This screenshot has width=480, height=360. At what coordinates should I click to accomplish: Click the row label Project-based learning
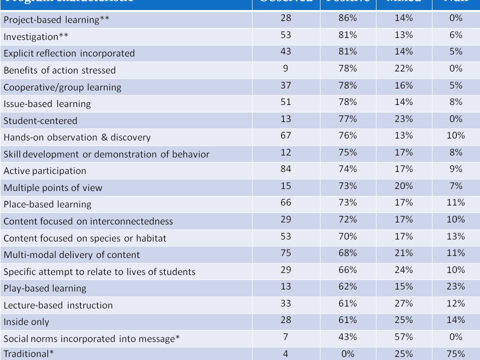click(56, 20)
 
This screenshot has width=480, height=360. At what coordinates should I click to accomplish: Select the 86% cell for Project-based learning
click(347, 18)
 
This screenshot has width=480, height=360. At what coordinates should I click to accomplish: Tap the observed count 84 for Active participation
click(285, 169)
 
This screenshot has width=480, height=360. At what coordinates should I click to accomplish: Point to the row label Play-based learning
click(45, 288)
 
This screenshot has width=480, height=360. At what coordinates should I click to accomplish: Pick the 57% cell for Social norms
click(403, 337)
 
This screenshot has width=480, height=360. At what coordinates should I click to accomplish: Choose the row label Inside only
click(26, 322)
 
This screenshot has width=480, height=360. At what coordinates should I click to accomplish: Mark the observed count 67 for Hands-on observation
click(285, 135)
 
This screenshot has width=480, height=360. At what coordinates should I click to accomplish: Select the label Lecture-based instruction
click(58, 305)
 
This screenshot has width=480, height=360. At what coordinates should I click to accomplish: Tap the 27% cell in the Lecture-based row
click(403, 303)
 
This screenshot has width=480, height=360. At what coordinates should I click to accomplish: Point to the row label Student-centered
click(40, 120)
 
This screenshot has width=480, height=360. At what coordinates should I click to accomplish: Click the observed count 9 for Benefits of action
click(285, 68)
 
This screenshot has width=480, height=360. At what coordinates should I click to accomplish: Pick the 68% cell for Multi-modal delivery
click(347, 253)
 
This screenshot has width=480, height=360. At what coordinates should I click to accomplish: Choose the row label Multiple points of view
click(53, 188)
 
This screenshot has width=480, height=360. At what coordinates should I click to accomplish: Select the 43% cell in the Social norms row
click(347, 337)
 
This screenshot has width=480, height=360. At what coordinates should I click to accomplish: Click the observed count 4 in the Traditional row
click(285, 353)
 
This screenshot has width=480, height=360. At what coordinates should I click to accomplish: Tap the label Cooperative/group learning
click(62, 87)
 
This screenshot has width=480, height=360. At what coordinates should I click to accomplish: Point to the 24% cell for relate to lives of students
click(403, 270)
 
